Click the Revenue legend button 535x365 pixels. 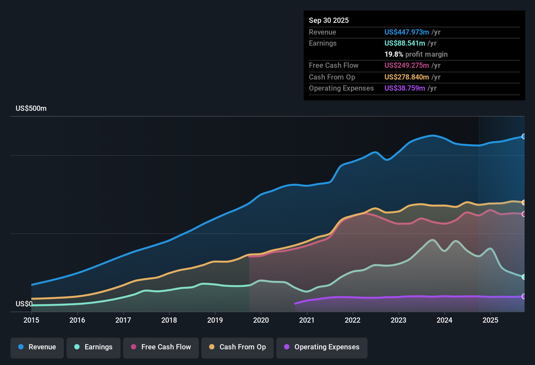coord(37,347)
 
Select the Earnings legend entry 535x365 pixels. coord(94,347)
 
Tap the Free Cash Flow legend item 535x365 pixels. coord(161,347)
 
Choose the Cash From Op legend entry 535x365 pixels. coord(238,347)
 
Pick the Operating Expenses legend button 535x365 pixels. coord(322,347)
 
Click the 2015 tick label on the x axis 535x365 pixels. coord(31,320)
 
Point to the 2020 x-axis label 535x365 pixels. coord(261,320)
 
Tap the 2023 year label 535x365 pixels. coord(398,320)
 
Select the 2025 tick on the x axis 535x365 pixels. coord(490,320)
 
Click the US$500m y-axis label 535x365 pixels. coord(31,109)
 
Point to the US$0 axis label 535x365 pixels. coord(24,304)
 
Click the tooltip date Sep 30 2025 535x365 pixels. coord(329,20)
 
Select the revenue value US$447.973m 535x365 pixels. coord(406,32)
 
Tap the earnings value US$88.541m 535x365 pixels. coord(404,43)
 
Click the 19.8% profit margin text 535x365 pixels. coord(416,54)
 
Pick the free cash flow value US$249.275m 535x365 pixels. coord(406,65)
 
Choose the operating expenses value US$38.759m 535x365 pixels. coord(404,88)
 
